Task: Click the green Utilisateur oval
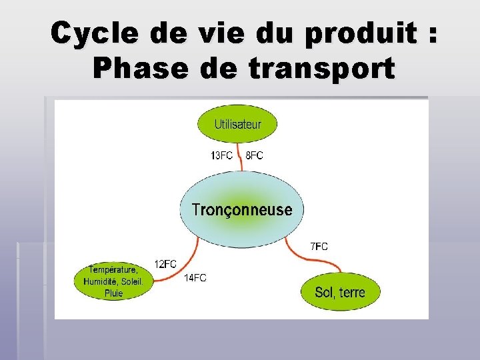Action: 237,124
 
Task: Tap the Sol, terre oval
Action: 340,292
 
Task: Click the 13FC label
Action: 221,156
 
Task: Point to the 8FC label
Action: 255,156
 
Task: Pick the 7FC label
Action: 319,247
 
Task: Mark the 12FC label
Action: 165,264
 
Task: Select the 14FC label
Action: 195,278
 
